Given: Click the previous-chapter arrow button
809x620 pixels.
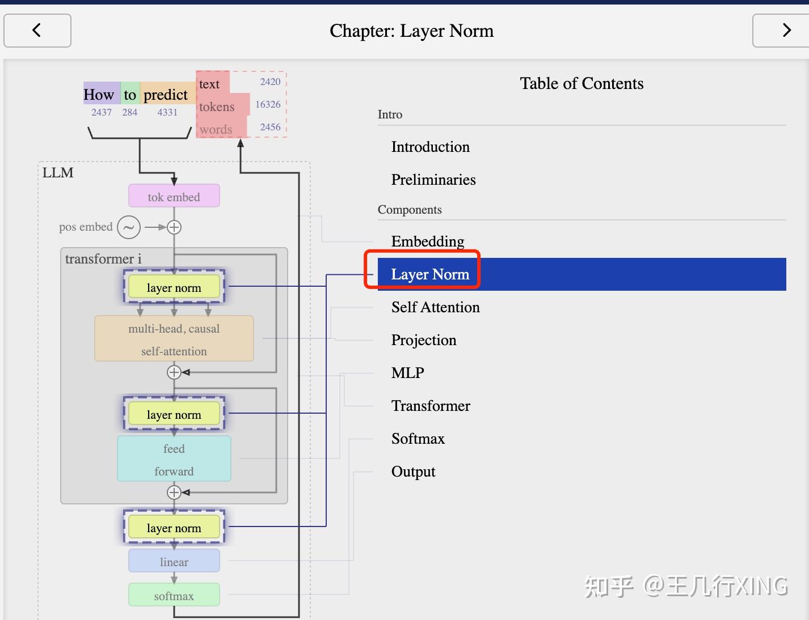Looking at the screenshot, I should (37, 31).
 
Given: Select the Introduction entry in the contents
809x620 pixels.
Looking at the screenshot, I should (430, 147).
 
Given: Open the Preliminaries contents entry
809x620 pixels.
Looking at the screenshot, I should (433, 180).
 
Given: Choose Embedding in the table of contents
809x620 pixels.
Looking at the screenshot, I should (427, 241).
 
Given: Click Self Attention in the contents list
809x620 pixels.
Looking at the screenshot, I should (435, 307).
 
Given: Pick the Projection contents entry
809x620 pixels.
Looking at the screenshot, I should (423, 340).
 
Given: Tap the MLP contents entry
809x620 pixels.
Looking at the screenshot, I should (407, 373).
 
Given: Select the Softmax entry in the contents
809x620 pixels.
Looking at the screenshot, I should (418, 439).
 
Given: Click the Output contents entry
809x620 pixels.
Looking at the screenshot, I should (413, 472).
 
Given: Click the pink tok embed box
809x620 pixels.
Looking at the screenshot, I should (174, 197).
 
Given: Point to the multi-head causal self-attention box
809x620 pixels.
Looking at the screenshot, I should (174, 339).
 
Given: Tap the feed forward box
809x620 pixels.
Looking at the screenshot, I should (174, 459).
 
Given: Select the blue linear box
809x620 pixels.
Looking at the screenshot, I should (174, 562).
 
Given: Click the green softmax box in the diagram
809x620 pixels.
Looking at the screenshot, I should (174, 596).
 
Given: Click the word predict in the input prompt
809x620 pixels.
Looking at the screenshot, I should (165, 95).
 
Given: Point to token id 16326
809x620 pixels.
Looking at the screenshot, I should (268, 104).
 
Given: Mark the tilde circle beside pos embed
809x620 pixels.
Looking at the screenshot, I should (129, 227).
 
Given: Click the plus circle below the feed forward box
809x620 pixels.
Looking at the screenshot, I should (174, 492).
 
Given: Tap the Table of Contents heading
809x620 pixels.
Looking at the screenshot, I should (582, 84).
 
